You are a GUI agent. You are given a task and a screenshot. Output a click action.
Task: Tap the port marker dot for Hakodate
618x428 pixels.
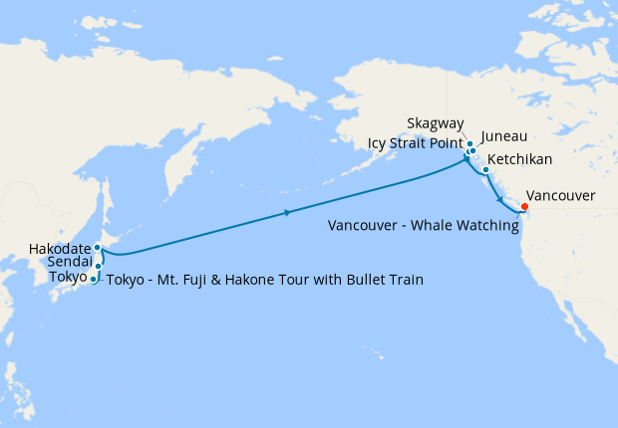click(98, 247)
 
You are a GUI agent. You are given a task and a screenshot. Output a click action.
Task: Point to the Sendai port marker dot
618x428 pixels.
click(99, 266)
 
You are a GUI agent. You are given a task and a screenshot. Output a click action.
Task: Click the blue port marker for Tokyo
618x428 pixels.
click(94, 280)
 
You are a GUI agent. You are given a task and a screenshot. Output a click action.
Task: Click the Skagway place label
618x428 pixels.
click(435, 123)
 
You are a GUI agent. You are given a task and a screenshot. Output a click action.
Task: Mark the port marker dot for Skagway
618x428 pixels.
click(469, 144)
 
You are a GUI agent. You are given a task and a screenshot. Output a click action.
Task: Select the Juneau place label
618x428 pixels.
click(503, 136)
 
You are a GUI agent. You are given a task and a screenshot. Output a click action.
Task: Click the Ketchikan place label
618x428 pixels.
click(519, 159)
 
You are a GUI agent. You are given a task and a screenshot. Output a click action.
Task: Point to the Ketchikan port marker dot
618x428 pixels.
click(485, 170)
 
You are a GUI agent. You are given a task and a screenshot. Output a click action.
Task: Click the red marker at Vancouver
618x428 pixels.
click(525, 207)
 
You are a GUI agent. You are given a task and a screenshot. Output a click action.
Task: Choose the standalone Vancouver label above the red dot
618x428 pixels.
click(560, 196)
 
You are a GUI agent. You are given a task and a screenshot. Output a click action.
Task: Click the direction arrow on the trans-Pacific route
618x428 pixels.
click(287, 212)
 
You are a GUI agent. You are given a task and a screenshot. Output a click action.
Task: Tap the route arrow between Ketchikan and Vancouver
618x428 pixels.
click(498, 200)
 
